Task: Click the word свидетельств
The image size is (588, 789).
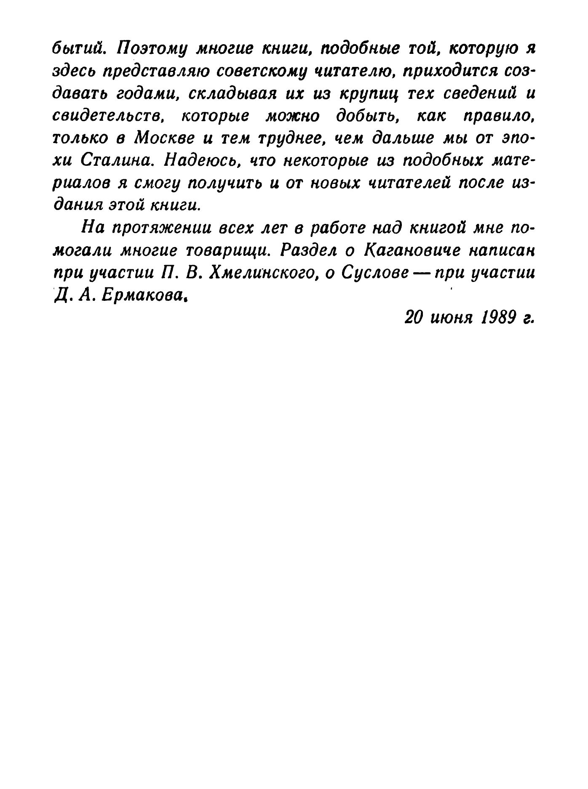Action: [x=109, y=117]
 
